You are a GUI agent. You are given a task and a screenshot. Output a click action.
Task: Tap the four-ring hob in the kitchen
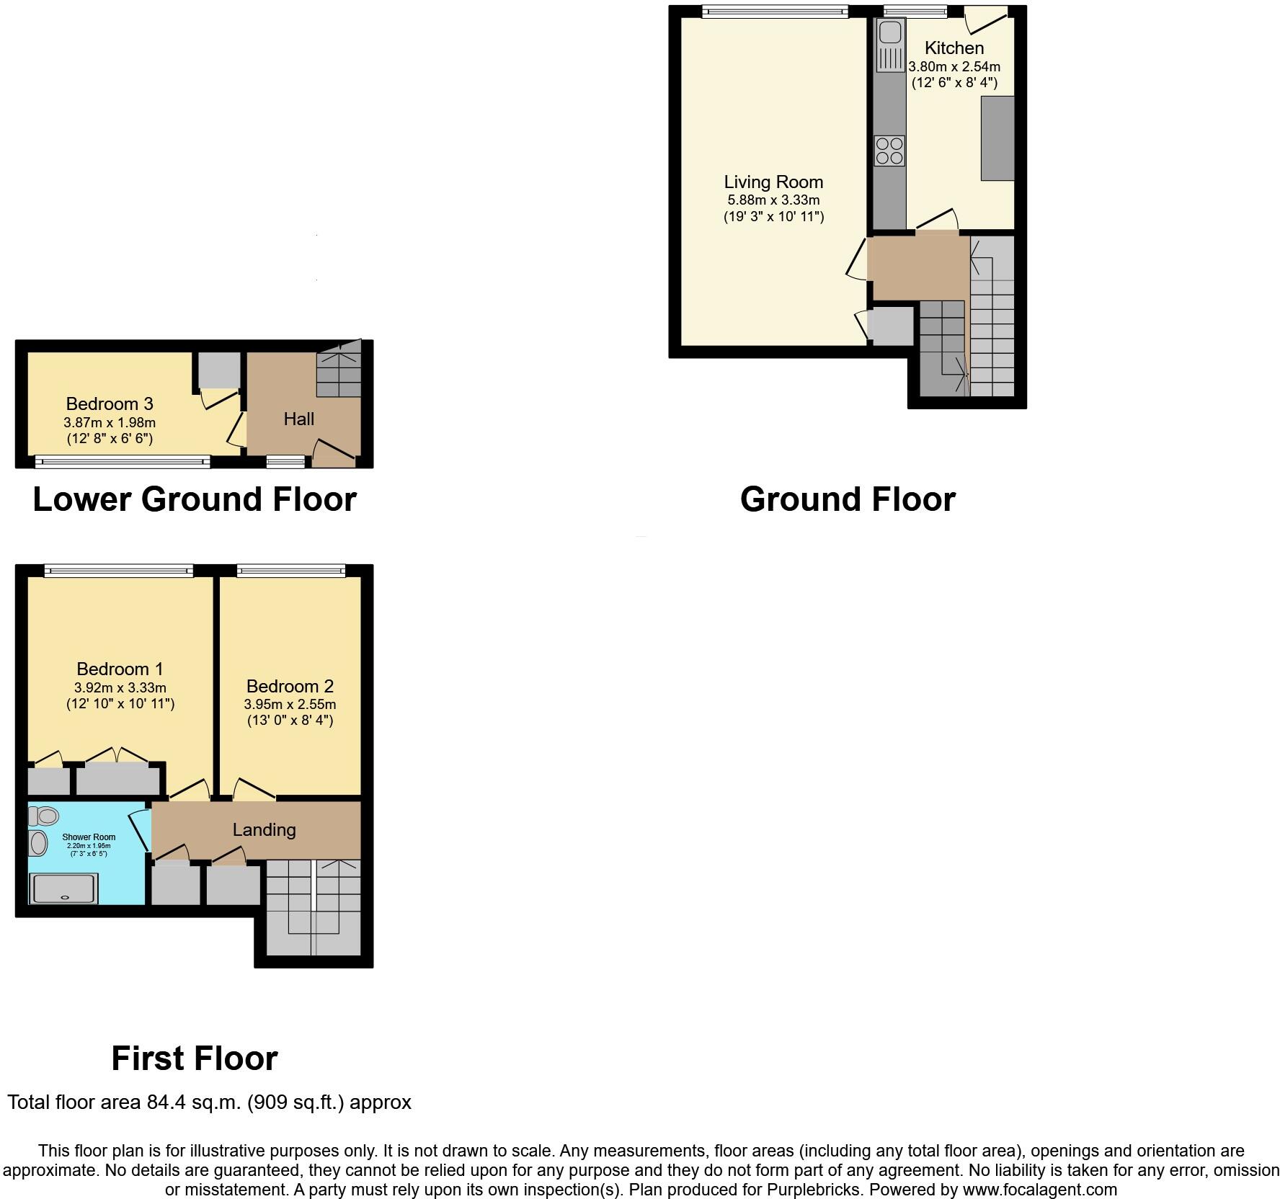(889, 151)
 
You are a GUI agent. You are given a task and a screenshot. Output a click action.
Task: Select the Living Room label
(773, 182)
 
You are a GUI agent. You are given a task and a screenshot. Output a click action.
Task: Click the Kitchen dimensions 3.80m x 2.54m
(954, 66)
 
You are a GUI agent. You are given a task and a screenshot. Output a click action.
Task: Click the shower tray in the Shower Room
(63, 888)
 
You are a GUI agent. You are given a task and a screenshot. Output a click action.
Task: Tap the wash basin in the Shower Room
(37, 842)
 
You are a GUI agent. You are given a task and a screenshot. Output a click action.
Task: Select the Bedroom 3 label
(110, 404)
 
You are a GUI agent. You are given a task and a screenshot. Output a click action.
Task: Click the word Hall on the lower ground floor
(298, 419)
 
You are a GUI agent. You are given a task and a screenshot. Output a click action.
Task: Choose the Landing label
(264, 829)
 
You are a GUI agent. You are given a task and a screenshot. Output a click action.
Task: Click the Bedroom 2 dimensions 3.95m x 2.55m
(290, 704)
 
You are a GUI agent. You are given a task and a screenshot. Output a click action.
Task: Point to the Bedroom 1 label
(120, 669)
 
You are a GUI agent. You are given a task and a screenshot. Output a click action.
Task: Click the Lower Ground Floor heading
(195, 499)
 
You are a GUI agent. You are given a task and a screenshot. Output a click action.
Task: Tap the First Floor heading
(195, 1058)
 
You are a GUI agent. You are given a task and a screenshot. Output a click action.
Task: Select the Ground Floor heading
(848, 499)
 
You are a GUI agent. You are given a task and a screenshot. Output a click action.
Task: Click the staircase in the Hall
(339, 371)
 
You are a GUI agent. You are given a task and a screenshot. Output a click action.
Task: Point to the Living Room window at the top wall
(775, 10)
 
